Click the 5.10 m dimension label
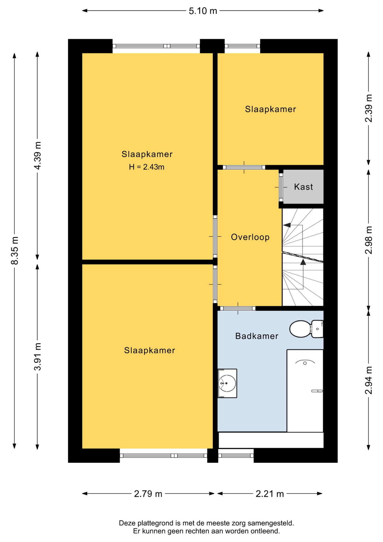[x=203, y=11]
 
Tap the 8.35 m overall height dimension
[x=15, y=251]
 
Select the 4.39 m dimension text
[x=38, y=156]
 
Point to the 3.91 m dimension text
[x=38, y=357]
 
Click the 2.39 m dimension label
[x=369, y=108]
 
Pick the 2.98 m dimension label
[x=369, y=240]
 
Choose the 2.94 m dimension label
[x=369, y=380]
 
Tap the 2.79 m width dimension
[x=148, y=494]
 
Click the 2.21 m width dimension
[x=270, y=494]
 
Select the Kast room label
[x=303, y=187]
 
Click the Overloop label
[x=250, y=237]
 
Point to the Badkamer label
[x=257, y=336]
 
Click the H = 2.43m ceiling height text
[x=147, y=167]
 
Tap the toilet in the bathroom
[x=306, y=329]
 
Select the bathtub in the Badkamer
[x=305, y=391]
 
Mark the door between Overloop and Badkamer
[x=238, y=308]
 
